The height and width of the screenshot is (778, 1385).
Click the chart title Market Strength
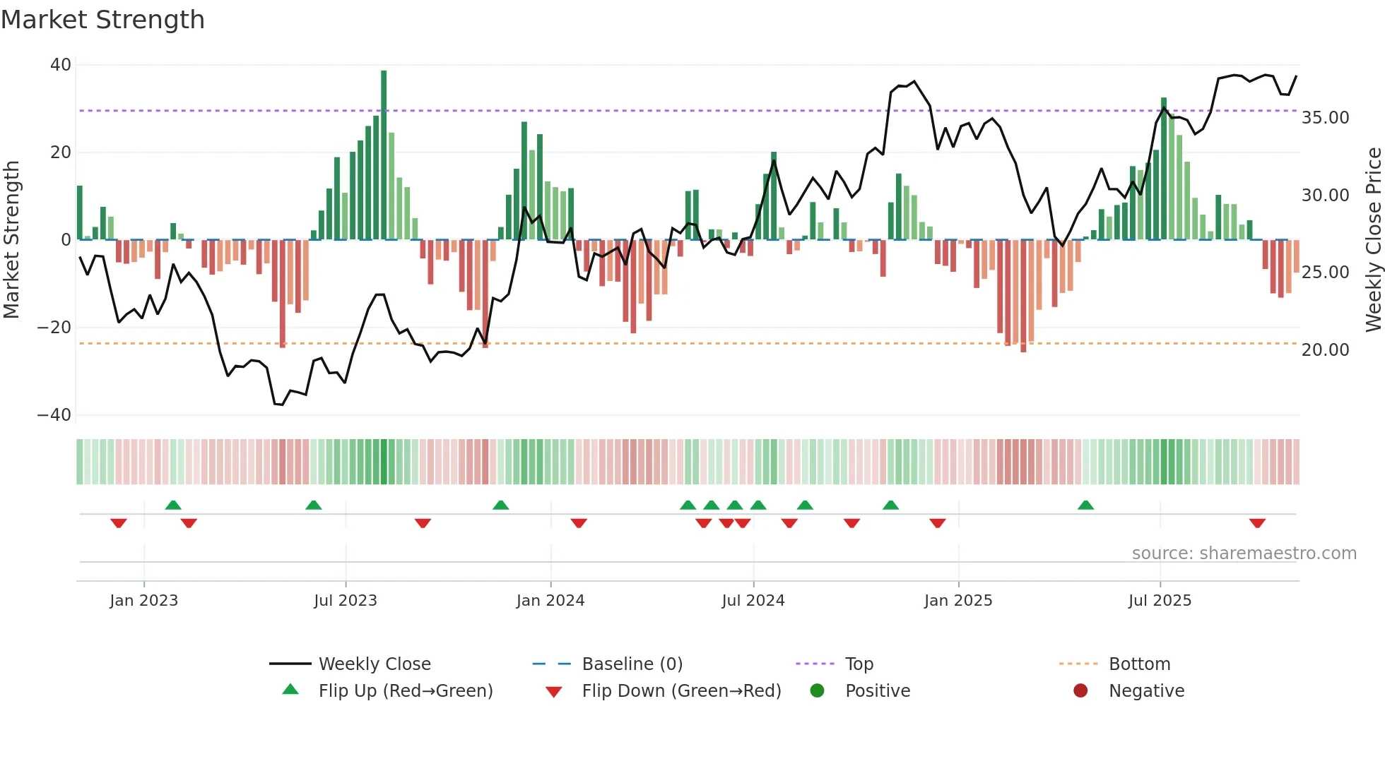102,20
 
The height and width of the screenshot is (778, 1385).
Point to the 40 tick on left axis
61,65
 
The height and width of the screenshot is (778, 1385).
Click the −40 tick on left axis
54,415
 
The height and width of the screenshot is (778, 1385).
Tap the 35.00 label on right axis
1325,118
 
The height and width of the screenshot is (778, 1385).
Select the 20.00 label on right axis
1325,350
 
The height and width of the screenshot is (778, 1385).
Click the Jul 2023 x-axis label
346,601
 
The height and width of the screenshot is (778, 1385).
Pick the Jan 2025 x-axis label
958,601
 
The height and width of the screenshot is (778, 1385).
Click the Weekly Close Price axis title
1373,240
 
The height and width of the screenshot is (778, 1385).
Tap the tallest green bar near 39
384,155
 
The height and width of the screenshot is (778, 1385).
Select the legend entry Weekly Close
375,664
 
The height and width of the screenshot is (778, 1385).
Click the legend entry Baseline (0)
632,664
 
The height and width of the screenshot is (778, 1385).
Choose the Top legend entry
859,664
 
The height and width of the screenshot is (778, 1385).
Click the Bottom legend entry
1139,664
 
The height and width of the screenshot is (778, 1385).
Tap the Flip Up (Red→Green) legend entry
405,691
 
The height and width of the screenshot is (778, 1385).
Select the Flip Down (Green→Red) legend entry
681,691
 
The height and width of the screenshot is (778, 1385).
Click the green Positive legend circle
818,691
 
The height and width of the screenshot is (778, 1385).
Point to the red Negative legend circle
1080,691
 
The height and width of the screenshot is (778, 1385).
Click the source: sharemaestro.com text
1244,553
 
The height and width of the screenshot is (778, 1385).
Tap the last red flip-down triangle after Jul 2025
1257,523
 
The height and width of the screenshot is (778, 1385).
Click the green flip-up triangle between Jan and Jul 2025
1086,505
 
